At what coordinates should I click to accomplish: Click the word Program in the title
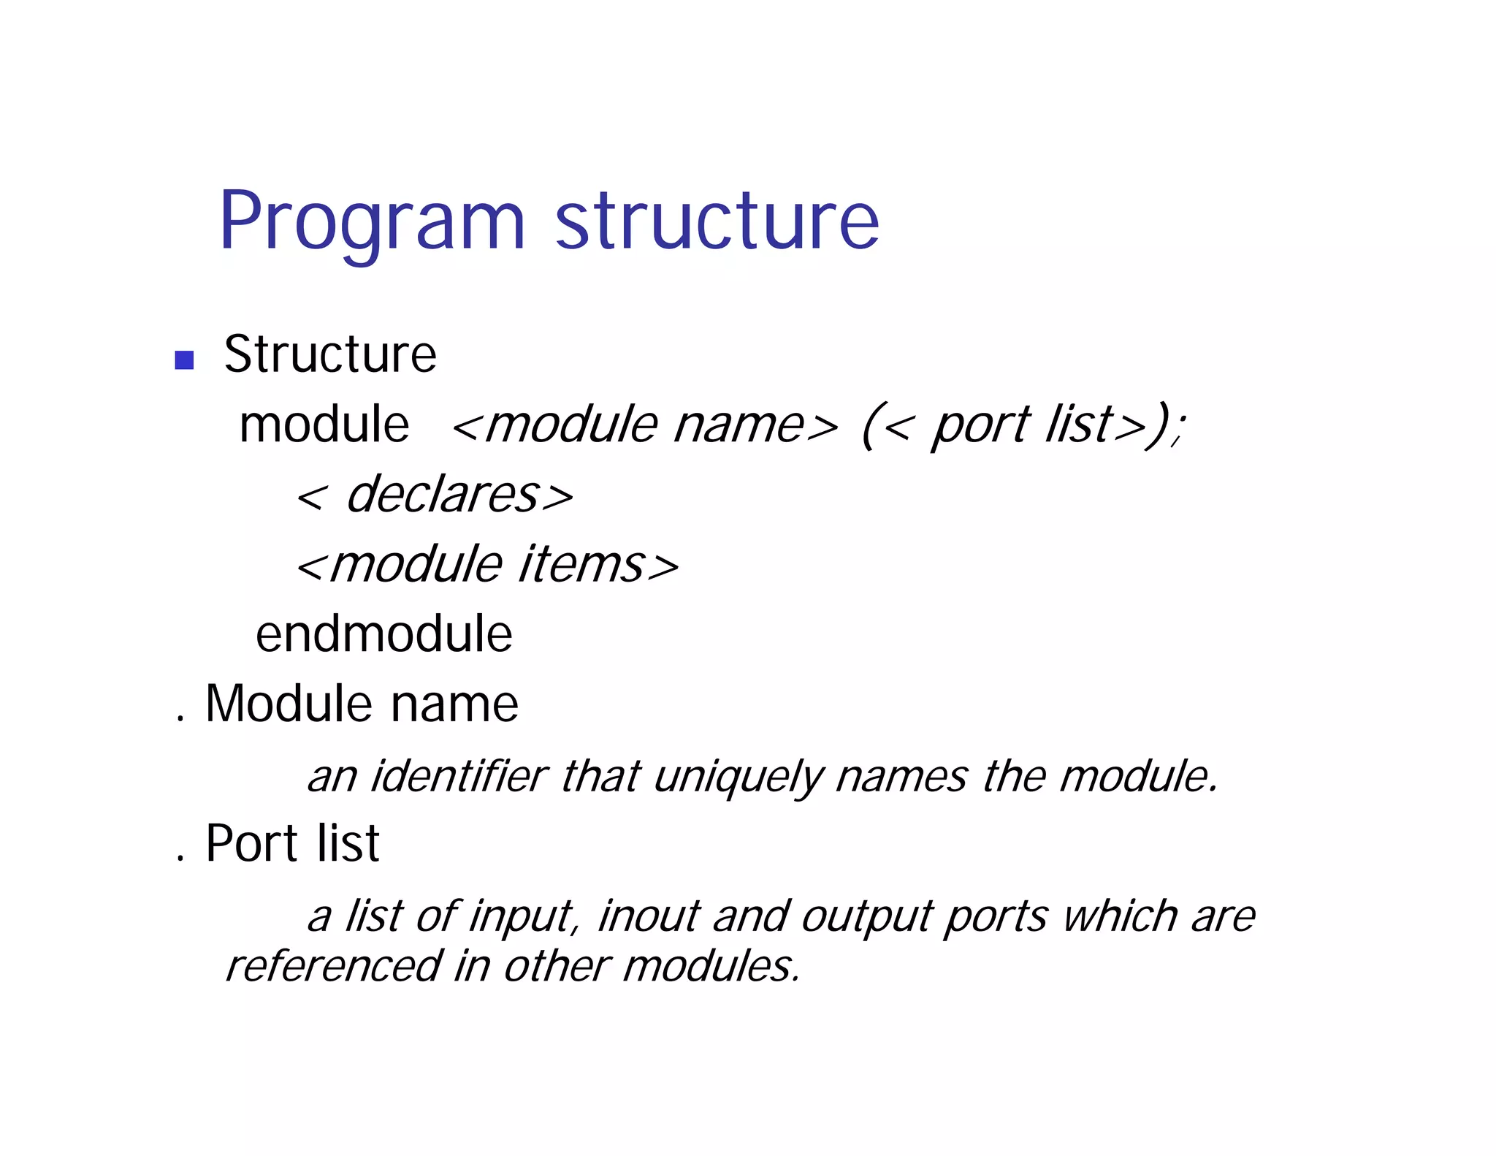pyautogui.click(x=371, y=222)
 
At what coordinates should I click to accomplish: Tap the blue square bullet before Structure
pyautogui.click(x=184, y=360)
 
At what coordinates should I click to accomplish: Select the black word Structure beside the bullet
pyautogui.click(x=329, y=354)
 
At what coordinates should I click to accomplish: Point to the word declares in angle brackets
pyautogui.click(x=443, y=495)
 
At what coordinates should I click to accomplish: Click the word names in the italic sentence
pyautogui.click(x=901, y=776)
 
